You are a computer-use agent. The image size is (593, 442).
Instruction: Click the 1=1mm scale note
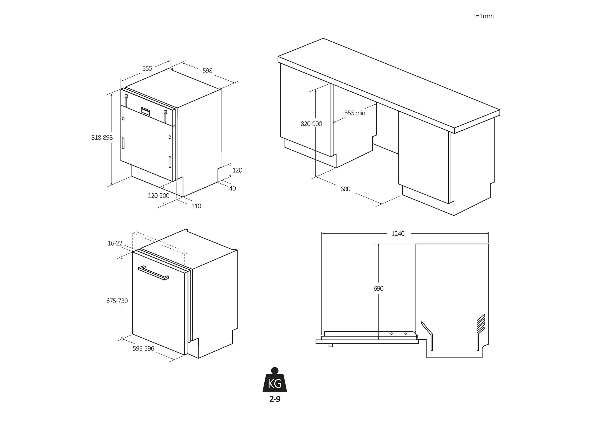tap(483, 16)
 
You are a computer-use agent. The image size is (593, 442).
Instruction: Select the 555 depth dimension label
tap(147, 69)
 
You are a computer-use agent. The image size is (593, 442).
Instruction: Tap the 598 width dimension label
tap(207, 71)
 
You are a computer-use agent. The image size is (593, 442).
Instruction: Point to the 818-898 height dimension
tap(102, 137)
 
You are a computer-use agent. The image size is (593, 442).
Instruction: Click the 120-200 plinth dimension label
tap(159, 196)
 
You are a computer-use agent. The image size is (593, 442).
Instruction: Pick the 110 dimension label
tap(196, 206)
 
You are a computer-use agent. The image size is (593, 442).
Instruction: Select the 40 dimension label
tap(233, 188)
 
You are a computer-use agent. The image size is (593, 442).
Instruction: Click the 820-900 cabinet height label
tap(311, 124)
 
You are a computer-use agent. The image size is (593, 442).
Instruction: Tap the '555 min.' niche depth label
tap(355, 113)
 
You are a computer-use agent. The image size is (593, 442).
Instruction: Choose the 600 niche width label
tap(345, 189)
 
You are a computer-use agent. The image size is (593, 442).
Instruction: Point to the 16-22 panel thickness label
tap(115, 243)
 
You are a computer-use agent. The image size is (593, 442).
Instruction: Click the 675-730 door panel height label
tap(117, 301)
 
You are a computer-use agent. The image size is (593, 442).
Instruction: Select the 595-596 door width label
tap(144, 348)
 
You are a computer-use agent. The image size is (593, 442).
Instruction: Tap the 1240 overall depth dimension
tap(398, 234)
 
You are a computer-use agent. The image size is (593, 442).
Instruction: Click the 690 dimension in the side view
tap(378, 288)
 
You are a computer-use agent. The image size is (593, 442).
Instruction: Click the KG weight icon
tap(275, 380)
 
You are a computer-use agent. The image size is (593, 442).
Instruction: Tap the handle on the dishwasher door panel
tap(153, 273)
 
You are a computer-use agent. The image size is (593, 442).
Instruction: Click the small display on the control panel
tap(146, 110)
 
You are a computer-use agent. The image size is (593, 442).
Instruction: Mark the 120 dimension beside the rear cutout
tap(237, 170)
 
